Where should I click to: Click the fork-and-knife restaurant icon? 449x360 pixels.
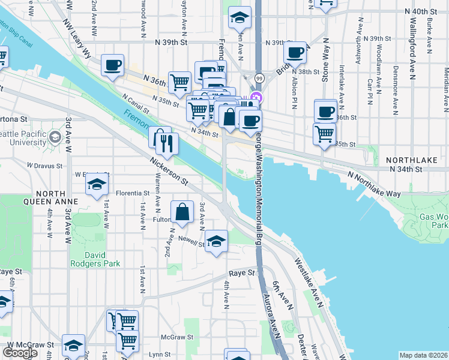(x=167, y=143)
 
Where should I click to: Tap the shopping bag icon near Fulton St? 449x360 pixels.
(x=182, y=212)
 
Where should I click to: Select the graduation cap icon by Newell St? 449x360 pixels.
(x=216, y=242)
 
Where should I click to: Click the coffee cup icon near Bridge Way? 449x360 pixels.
(x=295, y=53)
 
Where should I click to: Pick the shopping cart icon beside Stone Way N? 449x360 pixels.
(x=324, y=133)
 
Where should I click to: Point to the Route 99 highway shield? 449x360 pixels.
(x=259, y=78)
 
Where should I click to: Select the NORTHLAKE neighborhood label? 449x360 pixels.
(x=409, y=161)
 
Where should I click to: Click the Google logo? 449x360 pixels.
(x=20, y=353)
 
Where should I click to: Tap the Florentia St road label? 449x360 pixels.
(x=128, y=193)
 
